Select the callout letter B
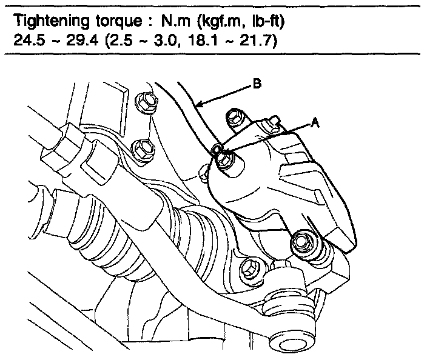pos(257,85)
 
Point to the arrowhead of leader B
pos(198,108)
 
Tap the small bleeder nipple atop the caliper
pos(274,125)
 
